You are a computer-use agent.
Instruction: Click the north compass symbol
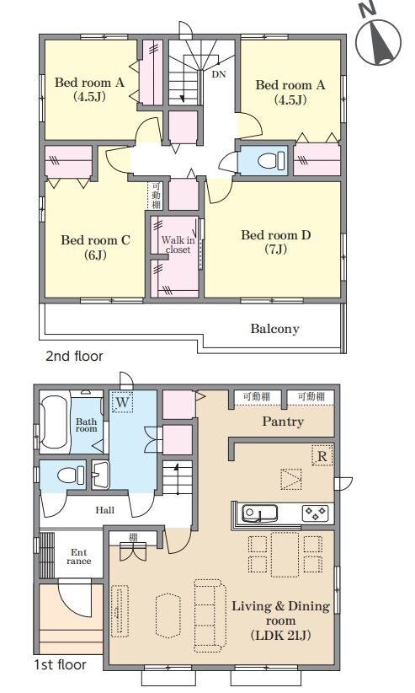coord(377,38)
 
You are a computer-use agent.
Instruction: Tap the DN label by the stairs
coord(219,74)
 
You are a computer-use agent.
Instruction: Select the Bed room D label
coord(276,242)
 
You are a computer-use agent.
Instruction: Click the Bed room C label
coord(95,247)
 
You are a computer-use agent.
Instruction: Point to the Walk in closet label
coord(178,244)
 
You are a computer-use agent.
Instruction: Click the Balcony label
coord(274,329)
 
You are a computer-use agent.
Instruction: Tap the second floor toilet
coord(271,159)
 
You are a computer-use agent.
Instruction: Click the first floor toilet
coord(71,475)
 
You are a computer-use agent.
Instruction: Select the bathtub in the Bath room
coord(55,423)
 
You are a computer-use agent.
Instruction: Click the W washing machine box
coord(122,402)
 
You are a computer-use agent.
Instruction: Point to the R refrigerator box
coord(322,455)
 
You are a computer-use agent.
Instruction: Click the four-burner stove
coord(315,513)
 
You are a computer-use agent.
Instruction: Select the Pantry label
coord(283,422)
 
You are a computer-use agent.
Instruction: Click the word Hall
coord(104,510)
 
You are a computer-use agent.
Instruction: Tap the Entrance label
coord(79,557)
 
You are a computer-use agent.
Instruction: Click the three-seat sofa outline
coord(210,615)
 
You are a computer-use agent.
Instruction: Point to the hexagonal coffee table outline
coord(168,615)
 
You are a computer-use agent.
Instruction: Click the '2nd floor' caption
coord(74,357)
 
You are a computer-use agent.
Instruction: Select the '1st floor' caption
coord(61,664)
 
